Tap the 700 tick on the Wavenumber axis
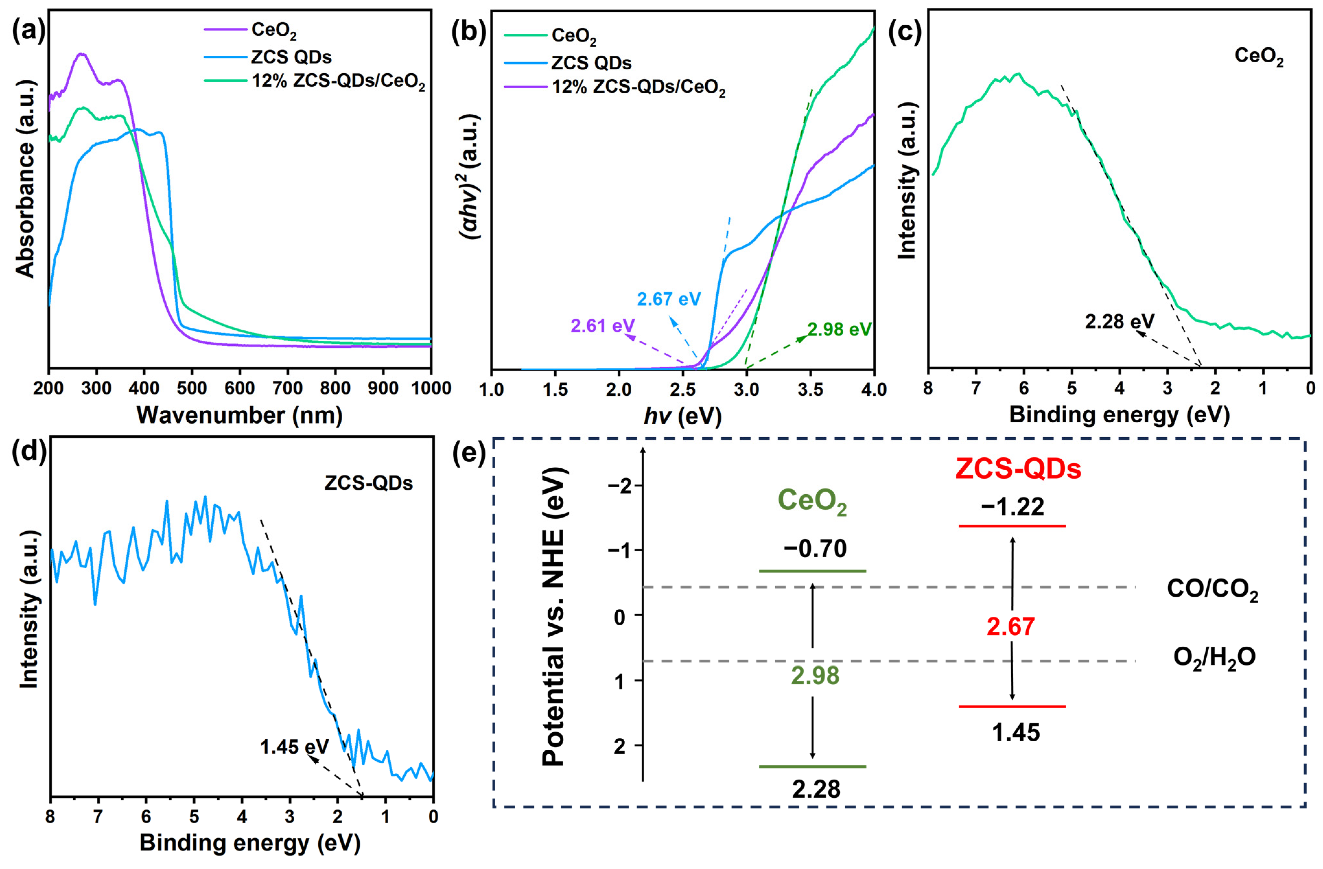tap(287, 388)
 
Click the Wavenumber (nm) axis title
tap(240, 415)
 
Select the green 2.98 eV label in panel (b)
tap(839, 330)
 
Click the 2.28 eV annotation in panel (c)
tap(1119, 321)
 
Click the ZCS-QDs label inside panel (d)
tap(369, 483)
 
